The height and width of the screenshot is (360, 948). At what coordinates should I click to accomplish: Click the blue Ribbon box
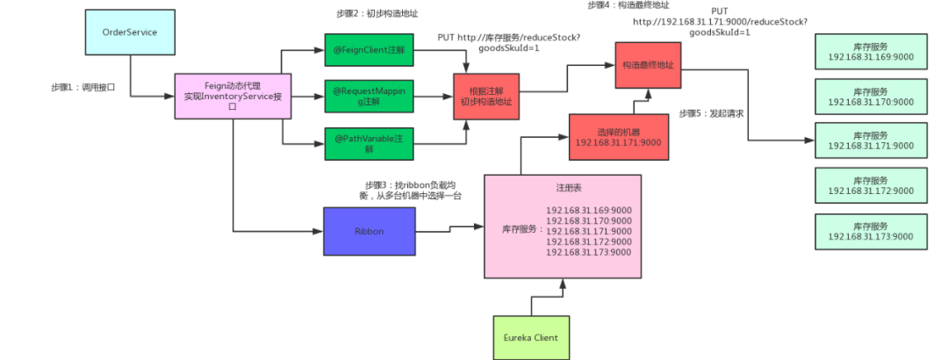[x=369, y=233]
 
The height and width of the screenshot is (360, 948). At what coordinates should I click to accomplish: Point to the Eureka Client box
[x=530, y=337]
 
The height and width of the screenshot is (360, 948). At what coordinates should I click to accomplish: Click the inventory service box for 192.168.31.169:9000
[x=871, y=53]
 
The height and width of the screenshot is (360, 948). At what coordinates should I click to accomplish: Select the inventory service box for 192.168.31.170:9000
[x=871, y=97]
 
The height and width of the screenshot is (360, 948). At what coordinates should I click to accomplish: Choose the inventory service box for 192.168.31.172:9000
[x=871, y=186]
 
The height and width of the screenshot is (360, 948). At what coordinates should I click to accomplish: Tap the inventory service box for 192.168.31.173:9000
[x=871, y=231]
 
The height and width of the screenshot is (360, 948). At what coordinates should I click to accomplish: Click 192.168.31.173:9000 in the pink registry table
[x=589, y=252]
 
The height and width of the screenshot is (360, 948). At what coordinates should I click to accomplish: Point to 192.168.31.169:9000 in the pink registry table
[x=589, y=210]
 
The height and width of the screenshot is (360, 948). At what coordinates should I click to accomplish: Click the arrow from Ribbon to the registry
[x=449, y=231]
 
